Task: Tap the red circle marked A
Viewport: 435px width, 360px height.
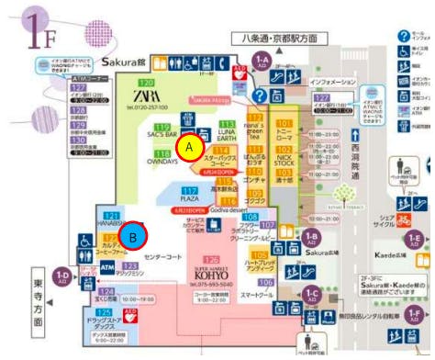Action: [x=189, y=147]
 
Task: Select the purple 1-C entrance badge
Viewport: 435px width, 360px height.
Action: [x=311, y=294]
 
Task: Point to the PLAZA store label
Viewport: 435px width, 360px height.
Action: [x=189, y=197]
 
